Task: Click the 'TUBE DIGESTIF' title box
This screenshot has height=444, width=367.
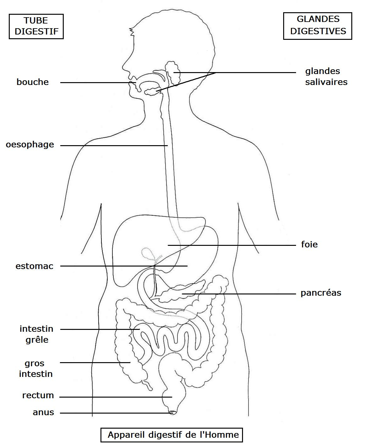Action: pyautogui.click(x=36, y=26)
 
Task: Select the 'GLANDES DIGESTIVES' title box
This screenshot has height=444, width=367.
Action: pyautogui.click(x=318, y=26)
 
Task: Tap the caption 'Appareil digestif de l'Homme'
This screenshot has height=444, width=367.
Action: pyautogui.click(x=172, y=435)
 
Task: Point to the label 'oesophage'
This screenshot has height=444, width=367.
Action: pyautogui.click(x=30, y=145)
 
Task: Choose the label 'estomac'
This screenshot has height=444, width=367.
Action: pyautogui.click(x=34, y=266)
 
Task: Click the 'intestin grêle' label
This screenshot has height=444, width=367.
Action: pyautogui.click(x=36, y=334)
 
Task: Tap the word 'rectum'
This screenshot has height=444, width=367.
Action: pyautogui.click(x=38, y=395)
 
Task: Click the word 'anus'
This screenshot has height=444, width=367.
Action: pyautogui.click(x=43, y=412)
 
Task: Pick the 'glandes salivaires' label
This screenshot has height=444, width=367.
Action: pyautogui.click(x=326, y=77)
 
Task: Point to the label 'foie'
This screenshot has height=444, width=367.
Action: pyautogui.click(x=309, y=244)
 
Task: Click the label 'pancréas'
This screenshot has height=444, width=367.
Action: pyautogui.click(x=321, y=293)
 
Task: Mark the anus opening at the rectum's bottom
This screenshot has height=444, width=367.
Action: pyautogui.click(x=172, y=413)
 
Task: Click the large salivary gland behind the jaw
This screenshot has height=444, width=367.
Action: pyautogui.click(x=172, y=73)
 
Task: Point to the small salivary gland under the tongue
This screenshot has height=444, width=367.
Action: pyautogui.click(x=153, y=91)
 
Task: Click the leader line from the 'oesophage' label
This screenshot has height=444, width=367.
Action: pyautogui.click(x=114, y=146)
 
